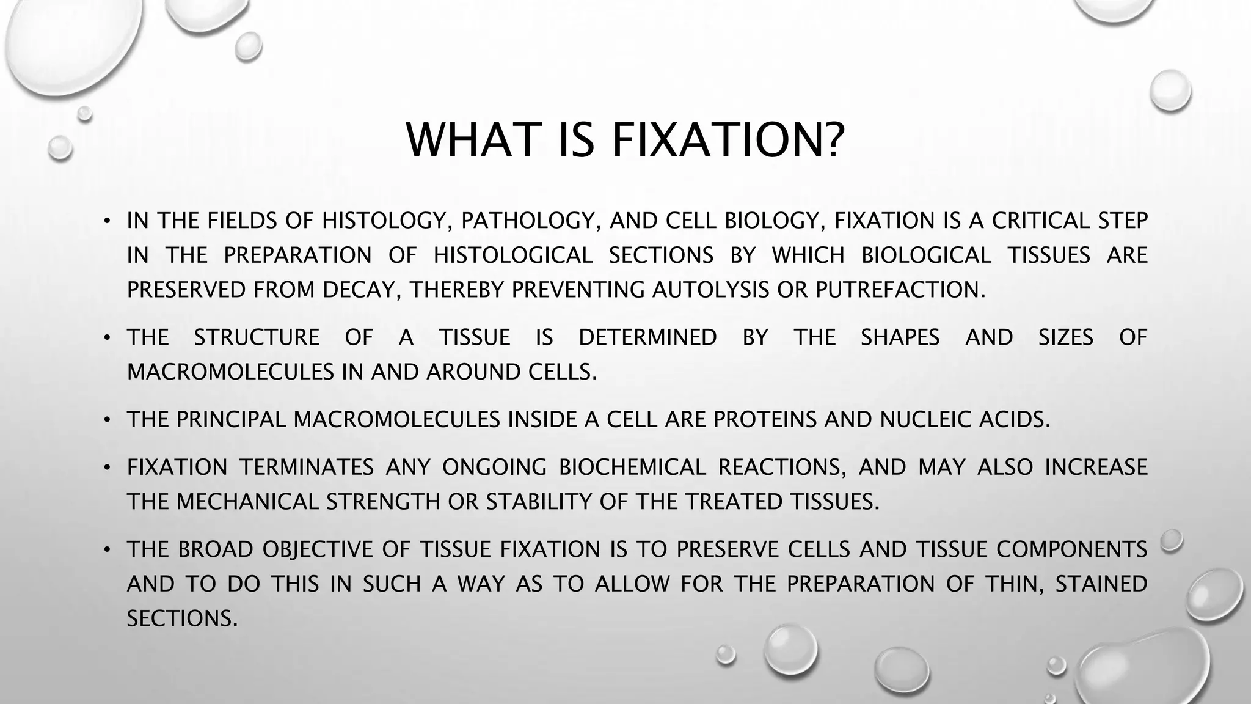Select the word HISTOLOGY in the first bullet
pos(386,221)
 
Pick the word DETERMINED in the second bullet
pos(647,337)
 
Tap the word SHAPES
pos(900,337)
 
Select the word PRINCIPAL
pos(231,419)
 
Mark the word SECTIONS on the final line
pos(181,618)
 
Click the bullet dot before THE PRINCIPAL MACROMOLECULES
pos(106,420)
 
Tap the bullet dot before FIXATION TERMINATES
pos(106,468)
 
